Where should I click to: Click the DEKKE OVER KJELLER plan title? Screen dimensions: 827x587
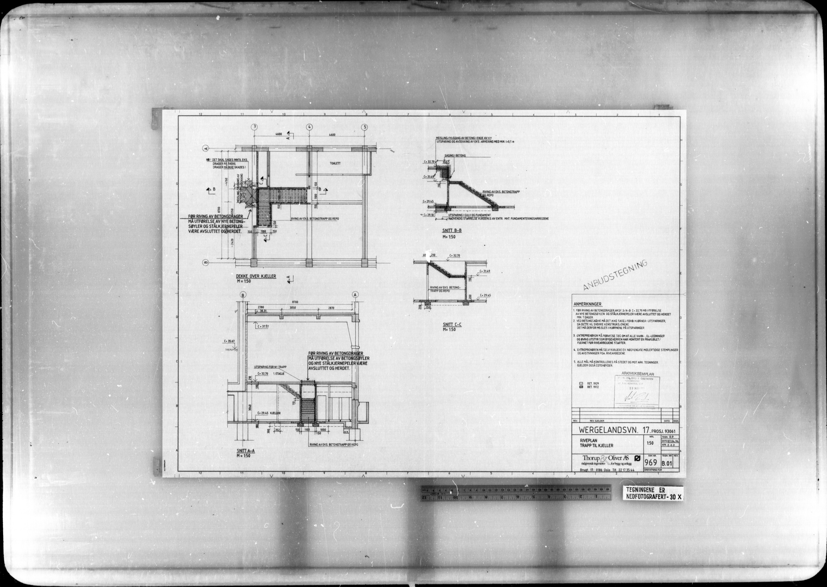point(256,276)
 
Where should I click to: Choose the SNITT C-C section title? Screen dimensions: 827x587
point(452,325)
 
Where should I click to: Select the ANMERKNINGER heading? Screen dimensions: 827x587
point(587,304)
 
